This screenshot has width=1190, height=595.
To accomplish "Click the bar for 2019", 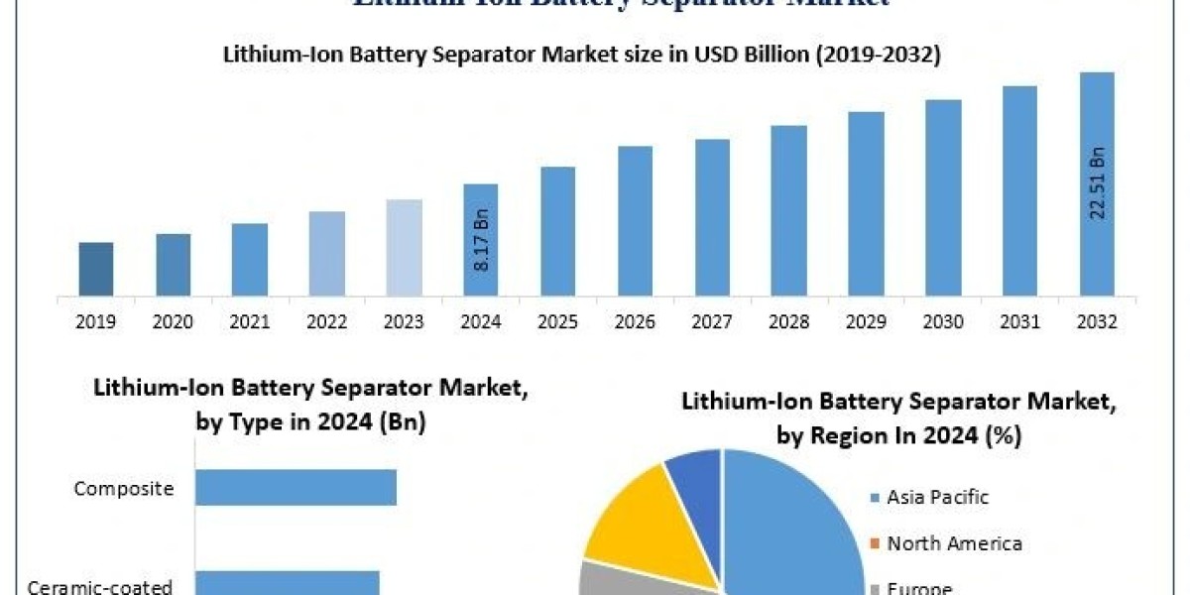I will point(96,269).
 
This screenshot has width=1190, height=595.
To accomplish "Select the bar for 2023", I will point(404,247).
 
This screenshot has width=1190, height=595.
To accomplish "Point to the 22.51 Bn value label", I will point(1098,183).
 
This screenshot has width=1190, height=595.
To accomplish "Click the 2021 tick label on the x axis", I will point(250,322).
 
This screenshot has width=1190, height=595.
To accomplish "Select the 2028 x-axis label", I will point(788,322).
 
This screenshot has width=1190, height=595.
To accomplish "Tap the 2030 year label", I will point(943,322).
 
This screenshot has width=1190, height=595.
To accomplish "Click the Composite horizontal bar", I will point(296,488).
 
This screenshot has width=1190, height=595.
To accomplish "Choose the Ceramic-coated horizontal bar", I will point(288,583).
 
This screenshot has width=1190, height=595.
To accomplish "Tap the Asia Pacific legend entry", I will point(937,497).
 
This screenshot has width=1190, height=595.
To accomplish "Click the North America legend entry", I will point(953,542).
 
